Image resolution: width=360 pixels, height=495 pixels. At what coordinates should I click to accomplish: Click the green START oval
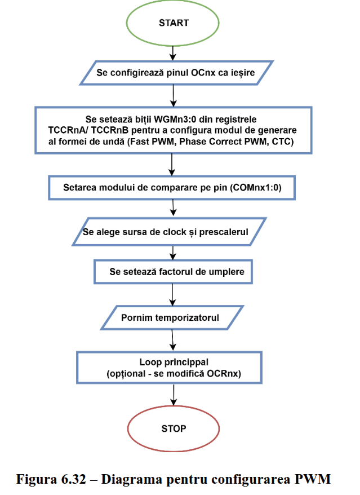pyautogui.click(x=174, y=24)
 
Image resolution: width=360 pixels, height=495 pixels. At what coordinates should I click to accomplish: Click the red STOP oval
pyautogui.click(x=173, y=428)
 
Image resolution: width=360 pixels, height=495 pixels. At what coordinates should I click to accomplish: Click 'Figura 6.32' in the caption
pyautogui.click(x=51, y=480)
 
